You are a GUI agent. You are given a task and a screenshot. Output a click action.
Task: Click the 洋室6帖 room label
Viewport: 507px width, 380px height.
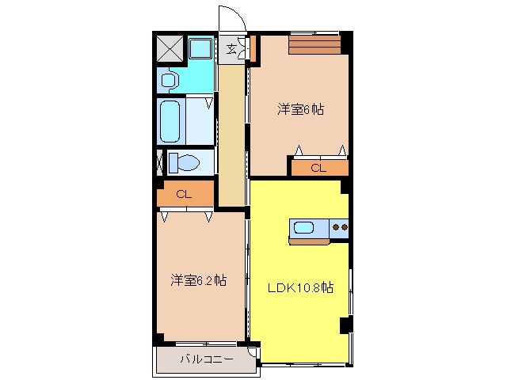point(300,109)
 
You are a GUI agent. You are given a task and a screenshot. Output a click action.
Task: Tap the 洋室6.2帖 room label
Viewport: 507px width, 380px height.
point(199,280)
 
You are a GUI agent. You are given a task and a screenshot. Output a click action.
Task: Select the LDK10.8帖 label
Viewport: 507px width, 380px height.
point(300,287)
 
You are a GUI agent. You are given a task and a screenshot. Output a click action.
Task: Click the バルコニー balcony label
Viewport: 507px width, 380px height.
point(207,359)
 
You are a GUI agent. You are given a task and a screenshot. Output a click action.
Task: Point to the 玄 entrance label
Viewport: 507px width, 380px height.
point(231,49)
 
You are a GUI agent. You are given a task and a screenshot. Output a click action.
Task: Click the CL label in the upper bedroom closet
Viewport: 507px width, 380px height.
point(318,168)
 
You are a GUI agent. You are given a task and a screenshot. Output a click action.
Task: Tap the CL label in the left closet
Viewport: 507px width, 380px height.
point(184,194)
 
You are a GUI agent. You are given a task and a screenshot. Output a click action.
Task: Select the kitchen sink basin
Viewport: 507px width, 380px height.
point(303,227)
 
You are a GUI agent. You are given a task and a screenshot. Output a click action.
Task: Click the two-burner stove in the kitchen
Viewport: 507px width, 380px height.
point(339,228)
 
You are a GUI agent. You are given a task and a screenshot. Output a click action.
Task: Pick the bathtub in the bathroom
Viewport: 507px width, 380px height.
point(170,121)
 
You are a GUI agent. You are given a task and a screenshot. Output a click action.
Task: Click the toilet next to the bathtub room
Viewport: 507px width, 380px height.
point(184,161)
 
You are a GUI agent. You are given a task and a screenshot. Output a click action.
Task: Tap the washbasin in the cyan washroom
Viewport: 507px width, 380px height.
point(169,80)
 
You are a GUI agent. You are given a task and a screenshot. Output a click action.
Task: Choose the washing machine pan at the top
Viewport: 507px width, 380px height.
point(200,48)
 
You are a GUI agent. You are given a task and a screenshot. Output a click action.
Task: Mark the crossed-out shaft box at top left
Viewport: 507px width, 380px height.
point(170,49)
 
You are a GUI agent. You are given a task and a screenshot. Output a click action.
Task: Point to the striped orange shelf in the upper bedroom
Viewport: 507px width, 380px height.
point(314,44)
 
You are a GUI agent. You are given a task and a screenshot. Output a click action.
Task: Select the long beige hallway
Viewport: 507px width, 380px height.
point(231,135)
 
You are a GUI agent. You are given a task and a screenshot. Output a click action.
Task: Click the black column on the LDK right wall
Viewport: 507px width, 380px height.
point(346,325)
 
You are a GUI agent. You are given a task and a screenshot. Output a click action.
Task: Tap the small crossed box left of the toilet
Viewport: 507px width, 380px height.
point(159,162)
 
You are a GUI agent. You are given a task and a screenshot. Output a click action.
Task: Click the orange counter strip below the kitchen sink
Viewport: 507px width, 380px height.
point(309,241)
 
